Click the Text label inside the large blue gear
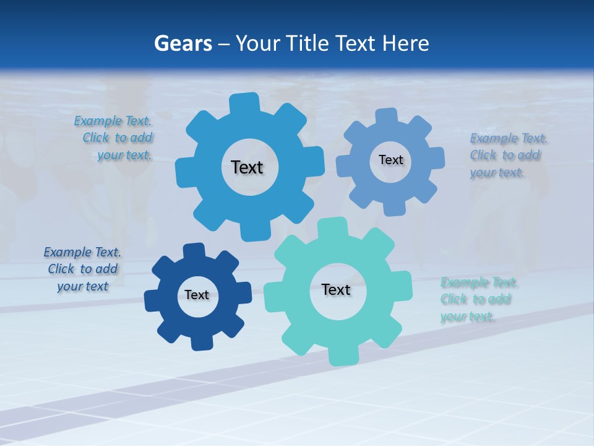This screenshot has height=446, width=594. [x=247, y=167]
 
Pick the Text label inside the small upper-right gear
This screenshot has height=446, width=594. [x=390, y=160]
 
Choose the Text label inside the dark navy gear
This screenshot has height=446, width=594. [x=197, y=295]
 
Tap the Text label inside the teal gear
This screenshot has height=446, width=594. [x=336, y=289]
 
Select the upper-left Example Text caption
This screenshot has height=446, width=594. [x=115, y=138]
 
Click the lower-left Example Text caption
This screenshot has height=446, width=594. [x=82, y=269]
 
